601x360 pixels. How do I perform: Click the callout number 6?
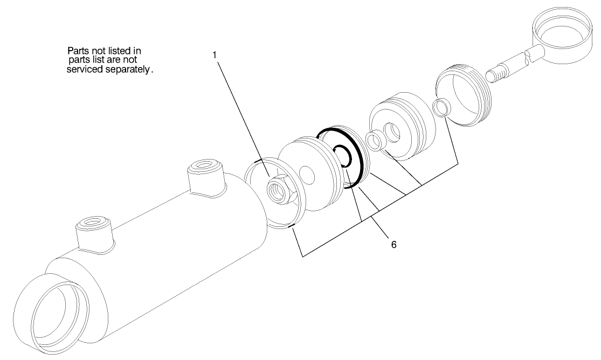click(x=393, y=244)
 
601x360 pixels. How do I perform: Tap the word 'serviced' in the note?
click(x=89, y=70)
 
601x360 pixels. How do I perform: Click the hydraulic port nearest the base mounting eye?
click(x=93, y=228)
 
